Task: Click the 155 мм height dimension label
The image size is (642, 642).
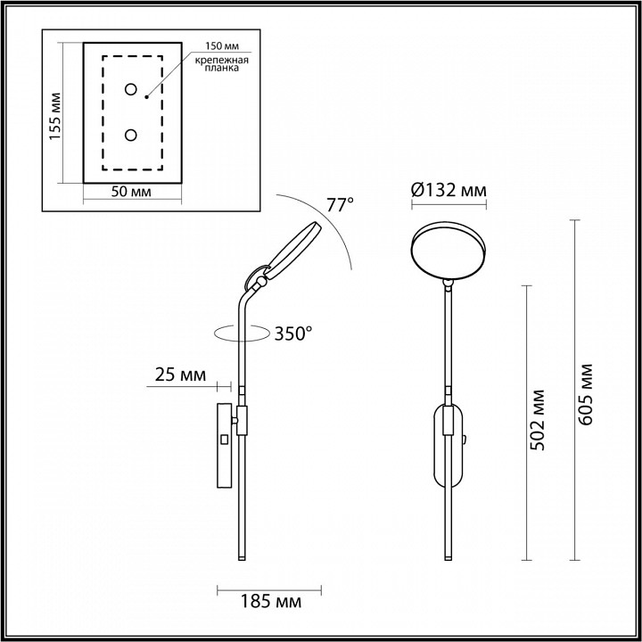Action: [x=55, y=116]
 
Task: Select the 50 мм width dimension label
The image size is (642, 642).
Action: [x=131, y=192]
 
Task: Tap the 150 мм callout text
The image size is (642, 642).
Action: [x=222, y=45]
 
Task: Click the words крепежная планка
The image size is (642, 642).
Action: [x=221, y=64]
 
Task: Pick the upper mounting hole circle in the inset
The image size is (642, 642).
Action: [x=130, y=89]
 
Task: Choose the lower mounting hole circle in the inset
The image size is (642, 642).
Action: [x=130, y=136]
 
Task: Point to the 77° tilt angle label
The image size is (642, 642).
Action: [x=340, y=205]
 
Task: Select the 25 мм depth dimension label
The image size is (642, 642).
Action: [x=180, y=374]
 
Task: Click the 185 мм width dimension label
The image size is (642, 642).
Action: [x=270, y=602]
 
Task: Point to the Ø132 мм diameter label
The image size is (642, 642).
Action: [x=449, y=190]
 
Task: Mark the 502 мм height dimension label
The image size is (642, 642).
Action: [x=538, y=420]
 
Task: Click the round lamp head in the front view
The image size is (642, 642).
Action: [x=449, y=251]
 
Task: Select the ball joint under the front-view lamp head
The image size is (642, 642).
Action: [x=449, y=283]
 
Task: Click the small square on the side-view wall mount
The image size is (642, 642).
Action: [x=224, y=440]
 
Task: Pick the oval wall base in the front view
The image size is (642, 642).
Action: [x=449, y=446]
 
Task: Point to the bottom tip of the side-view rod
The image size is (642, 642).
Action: [x=242, y=560]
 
